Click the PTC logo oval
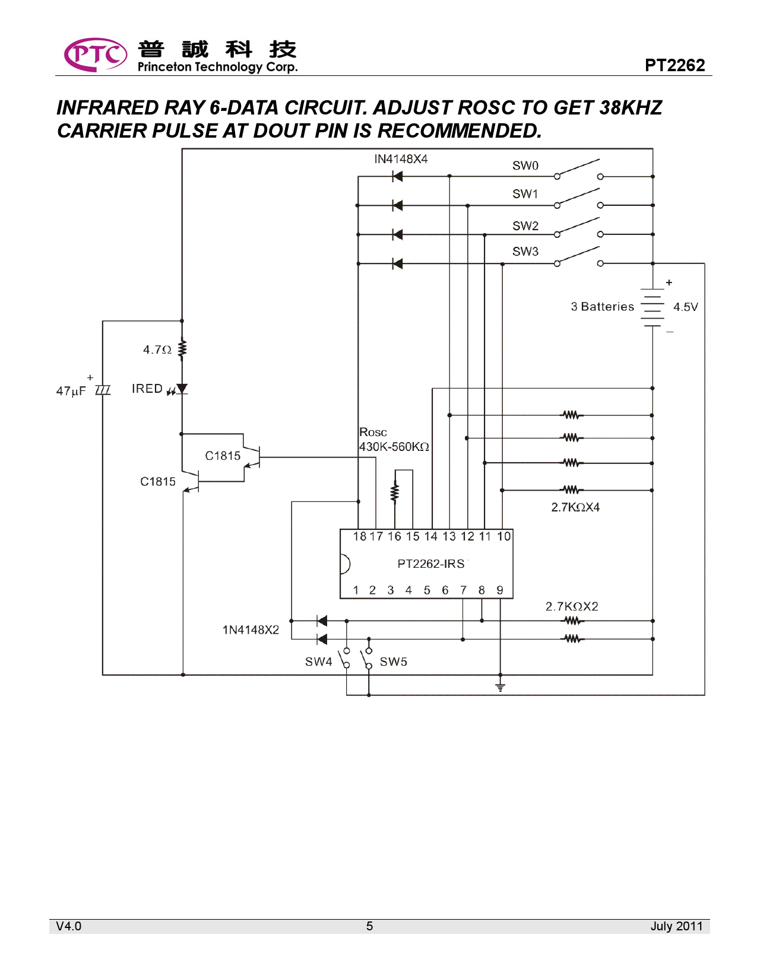pyautogui.click(x=95, y=55)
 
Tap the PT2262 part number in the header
pyautogui.click(x=674, y=65)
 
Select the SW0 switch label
pyautogui.click(x=525, y=166)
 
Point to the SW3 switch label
pyautogui.click(x=525, y=252)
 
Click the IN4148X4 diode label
pyautogui.click(x=401, y=159)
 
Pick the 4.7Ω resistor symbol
pyautogui.click(x=182, y=349)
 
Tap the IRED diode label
pyautogui.click(x=147, y=389)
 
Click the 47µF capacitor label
pyautogui.click(x=71, y=391)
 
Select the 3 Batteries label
pyautogui.click(x=602, y=307)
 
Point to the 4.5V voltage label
pyautogui.click(x=685, y=307)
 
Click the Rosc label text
pyautogui.click(x=373, y=433)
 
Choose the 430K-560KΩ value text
pyautogui.click(x=394, y=447)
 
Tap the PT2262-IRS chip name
pyautogui.click(x=431, y=564)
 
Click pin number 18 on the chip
pyautogui.click(x=359, y=536)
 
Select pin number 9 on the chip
pyautogui.click(x=500, y=590)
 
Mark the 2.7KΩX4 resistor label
pyautogui.click(x=575, y=507)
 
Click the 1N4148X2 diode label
pyautogui.click(x=251, y=630)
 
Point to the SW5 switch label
pyautogui.click(x=393, y=662)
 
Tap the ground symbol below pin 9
pyautogui.click(x=501, y=687)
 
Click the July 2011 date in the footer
pyautogui.click(x=676, y=926)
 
